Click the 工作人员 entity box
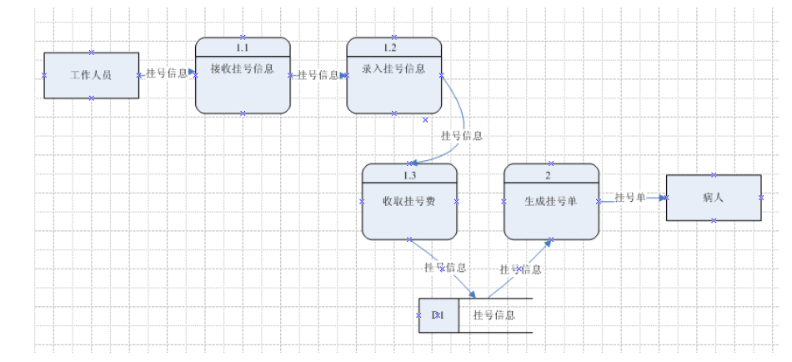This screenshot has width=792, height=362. pos(92,75)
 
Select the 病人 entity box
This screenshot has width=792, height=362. pos(714,198)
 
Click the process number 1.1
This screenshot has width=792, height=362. pos(243,48)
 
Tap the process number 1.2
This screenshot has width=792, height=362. pos(394,48)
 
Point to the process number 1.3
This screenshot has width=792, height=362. pos(409,175)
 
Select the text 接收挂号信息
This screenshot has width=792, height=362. pos(243,69)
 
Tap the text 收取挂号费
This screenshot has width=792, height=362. pos(409,201)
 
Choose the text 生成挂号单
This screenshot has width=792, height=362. pos(551,201)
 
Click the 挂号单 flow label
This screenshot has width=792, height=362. pos(631,197)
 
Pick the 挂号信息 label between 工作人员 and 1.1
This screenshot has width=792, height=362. pos(167,73)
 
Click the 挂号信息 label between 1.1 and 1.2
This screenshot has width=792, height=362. pos(318,75)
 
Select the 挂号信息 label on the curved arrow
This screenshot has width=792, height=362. pos(461,135)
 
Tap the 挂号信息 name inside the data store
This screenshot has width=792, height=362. pos(494,315)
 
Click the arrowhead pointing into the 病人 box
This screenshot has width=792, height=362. pos(663,198)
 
